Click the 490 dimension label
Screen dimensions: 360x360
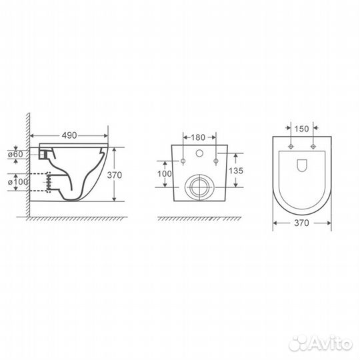pos(69,135)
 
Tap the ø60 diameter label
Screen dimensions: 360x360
pos(15,154)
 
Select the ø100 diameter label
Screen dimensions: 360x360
pos(18,182)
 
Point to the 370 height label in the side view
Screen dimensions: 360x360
pos(115,175)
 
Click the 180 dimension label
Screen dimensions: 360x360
pos(198,137)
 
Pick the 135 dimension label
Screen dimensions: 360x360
pos(236,171)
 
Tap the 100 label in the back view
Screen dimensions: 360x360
pos(165,174)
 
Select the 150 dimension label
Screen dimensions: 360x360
pos(302,129)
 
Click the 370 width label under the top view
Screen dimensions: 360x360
pos(301,223)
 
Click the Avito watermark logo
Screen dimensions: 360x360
pos(321,344)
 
